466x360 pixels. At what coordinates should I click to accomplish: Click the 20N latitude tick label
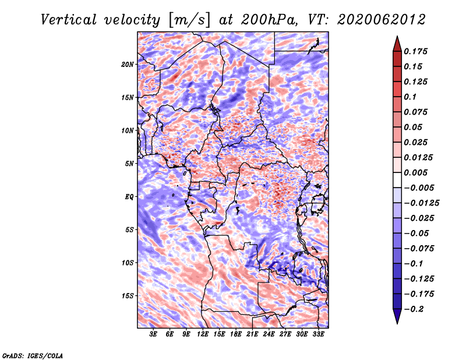coord(128,64)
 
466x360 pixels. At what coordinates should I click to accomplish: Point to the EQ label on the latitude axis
coord(129,197)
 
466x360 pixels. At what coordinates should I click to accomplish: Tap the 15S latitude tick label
coord(128,296)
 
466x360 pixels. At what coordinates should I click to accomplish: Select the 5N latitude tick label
coord(129,164)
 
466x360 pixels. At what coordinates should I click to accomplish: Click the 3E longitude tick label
coord(153,334)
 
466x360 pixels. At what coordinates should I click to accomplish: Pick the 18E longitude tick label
coord(236,334)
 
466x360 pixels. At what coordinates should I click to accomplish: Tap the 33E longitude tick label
coord(318,334)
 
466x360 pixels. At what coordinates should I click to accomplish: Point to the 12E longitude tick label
coord(203,334)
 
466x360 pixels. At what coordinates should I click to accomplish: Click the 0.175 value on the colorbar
coord(415,51)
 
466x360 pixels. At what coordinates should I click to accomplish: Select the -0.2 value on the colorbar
coord(414,309)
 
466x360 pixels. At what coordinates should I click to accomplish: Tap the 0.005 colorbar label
coord(415,172)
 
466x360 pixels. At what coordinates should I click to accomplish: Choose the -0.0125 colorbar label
coord(421,203)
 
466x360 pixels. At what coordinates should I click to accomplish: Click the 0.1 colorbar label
coord(410,97)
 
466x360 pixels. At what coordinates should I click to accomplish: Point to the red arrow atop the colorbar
coord(397,44)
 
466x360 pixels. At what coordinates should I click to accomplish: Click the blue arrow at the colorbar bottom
coord(397,316)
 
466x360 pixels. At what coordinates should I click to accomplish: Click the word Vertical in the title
coord(69,20)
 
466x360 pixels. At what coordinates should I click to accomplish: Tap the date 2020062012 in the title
coord(382,20)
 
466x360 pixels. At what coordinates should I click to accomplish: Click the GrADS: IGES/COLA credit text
coord(33,355)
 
